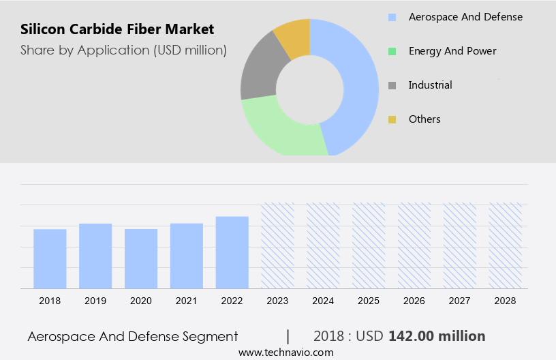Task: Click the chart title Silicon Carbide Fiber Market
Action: (117, 29)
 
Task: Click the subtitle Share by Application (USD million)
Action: (123, 50)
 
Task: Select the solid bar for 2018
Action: (50, 258)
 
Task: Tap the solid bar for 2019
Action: (95, 256)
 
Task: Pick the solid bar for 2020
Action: (141, 258)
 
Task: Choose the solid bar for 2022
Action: (232, 252)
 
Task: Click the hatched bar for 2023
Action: (278, 245)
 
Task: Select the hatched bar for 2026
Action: (414, 245)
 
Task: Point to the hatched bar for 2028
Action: (506, 245)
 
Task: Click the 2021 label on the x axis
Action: (187, 301)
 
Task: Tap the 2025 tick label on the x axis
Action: (369, 301)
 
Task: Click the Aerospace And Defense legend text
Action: (465, 16)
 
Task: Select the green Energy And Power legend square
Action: (392, 51)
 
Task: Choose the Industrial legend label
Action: (430, 85)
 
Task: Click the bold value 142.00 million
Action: (437, 336)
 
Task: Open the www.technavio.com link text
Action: (285, 352)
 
